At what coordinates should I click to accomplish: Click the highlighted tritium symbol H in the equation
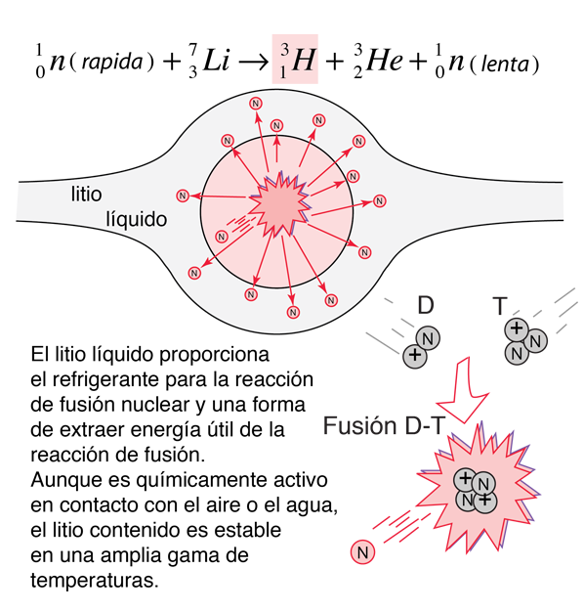coord(303,60)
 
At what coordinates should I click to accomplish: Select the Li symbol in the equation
coord(217,60)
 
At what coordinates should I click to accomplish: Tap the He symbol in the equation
coord(385,60)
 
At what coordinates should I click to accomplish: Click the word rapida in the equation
coord(112,62)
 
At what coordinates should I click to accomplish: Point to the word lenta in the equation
coord(505,64)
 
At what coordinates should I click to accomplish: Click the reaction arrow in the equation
coord(253,62)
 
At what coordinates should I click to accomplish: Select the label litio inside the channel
coord(86,194)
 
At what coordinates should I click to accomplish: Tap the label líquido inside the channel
coord(137,219)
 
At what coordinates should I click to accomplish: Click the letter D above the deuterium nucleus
coord(426,305)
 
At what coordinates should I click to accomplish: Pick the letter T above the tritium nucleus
coord(500,306)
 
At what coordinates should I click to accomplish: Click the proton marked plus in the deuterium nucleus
coord(415,356)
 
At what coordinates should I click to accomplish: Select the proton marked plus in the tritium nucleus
coord(517,328)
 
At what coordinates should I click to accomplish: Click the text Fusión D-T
coord(384,425)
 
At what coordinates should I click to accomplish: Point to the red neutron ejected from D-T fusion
coord(362,552)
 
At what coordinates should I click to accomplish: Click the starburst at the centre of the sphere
coord(279,204)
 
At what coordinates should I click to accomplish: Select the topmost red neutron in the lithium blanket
coord(255,104)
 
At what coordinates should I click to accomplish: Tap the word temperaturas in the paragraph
coord(95,581)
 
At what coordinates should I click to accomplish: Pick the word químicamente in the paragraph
coord(203,480)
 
